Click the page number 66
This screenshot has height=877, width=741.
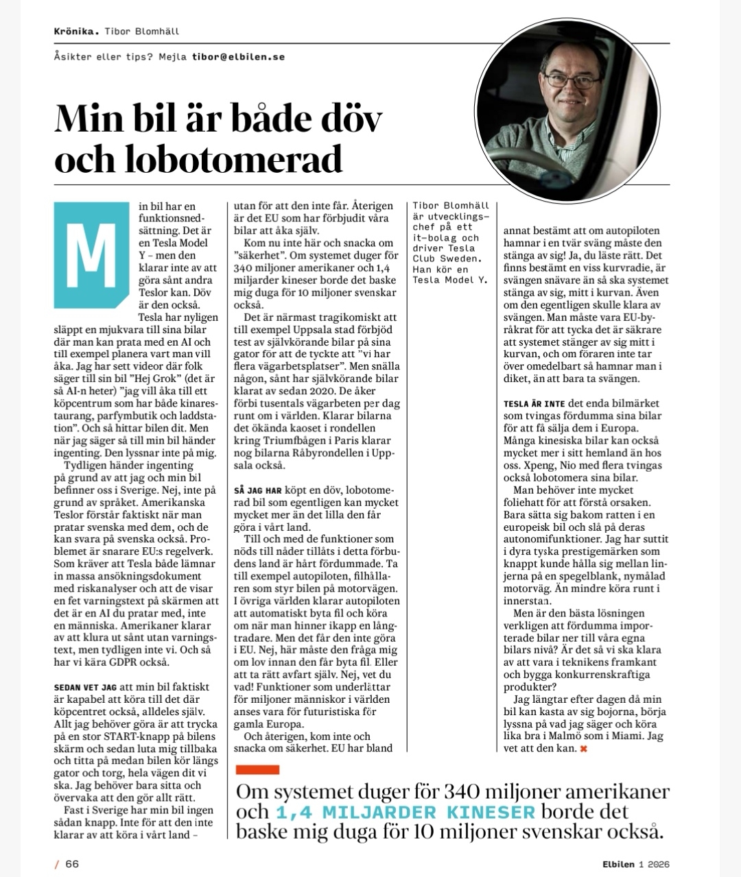pos(72,863)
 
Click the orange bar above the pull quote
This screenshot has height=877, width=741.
pos(257,770)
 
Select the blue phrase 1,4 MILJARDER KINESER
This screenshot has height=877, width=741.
pos(405,813)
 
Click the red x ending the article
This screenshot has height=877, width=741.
pos(584,748)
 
